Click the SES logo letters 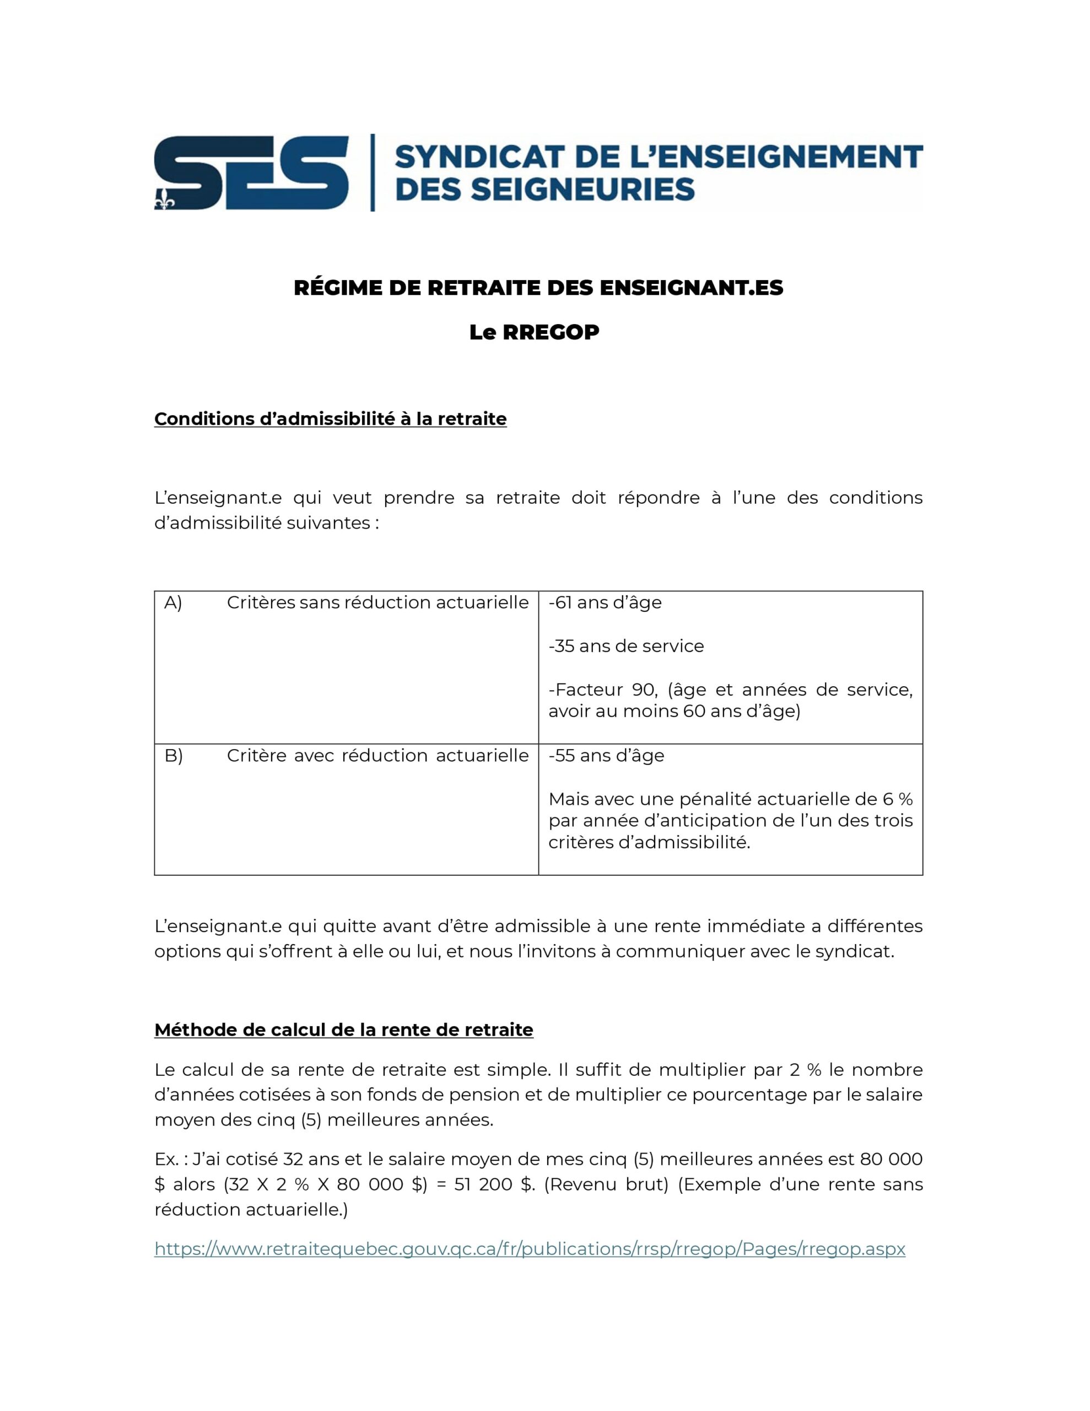tap(252, 173)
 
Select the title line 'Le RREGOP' tap(535, 332)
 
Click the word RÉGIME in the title tap(337, 288)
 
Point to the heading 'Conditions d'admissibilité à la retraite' tap(330, 419)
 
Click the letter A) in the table tap(173, 603)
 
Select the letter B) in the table tap(174, 756)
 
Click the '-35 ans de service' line tap(626, 646)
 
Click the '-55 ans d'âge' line tap(606, 756)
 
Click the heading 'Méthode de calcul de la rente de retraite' tap(344, 1030)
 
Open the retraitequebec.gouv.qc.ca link tap(530, 1249)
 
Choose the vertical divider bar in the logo tap(373, 173)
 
